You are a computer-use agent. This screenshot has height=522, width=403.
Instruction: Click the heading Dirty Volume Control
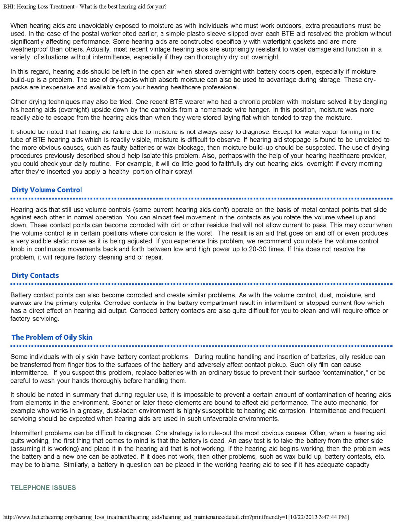47,190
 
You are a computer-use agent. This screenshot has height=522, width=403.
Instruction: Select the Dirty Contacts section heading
35,275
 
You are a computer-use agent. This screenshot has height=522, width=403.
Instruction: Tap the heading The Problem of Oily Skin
52,337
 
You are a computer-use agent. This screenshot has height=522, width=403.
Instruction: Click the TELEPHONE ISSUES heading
43,488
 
